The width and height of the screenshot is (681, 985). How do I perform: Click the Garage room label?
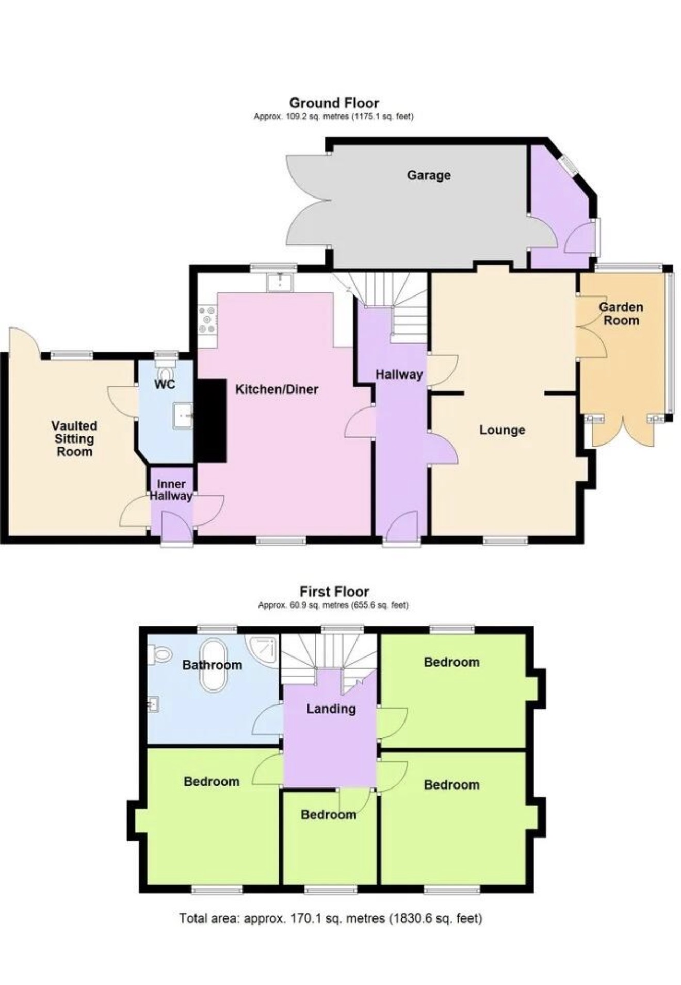[429, 175]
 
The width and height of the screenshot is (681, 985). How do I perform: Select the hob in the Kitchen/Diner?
[208, 320]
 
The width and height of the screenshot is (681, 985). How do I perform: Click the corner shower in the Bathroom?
[265, 649]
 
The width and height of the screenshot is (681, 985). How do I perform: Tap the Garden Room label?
[621, 314]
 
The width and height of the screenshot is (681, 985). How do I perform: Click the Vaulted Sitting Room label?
[74, 438]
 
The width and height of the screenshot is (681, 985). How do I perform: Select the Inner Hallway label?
[171, 490]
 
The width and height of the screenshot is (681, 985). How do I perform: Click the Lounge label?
[502, 430]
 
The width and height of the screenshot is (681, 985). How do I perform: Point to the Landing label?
[331, 709]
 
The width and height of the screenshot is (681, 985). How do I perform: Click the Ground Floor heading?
[334, 103]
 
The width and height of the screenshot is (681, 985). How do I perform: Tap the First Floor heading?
[334, 591]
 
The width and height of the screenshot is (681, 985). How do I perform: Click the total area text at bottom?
[331, 918]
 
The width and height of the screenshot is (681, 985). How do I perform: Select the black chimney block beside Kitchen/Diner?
[210, 420]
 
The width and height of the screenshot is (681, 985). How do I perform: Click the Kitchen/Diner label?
[277, 389]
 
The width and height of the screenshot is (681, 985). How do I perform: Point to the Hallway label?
[399, 375]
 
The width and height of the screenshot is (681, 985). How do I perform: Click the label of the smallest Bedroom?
[329, 815]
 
